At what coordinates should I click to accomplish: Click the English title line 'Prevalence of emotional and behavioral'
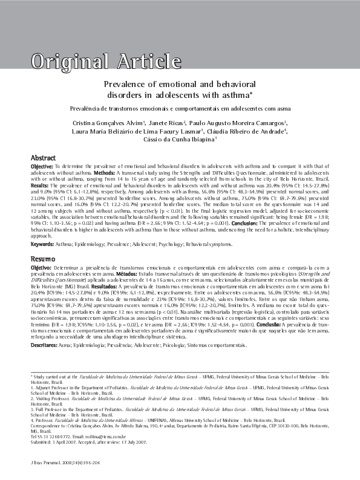(180, 85)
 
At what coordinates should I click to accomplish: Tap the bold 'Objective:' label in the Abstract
(42, 166)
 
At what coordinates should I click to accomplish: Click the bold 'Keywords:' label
(43, 243)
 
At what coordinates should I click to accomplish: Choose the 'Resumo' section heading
(43, 258)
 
